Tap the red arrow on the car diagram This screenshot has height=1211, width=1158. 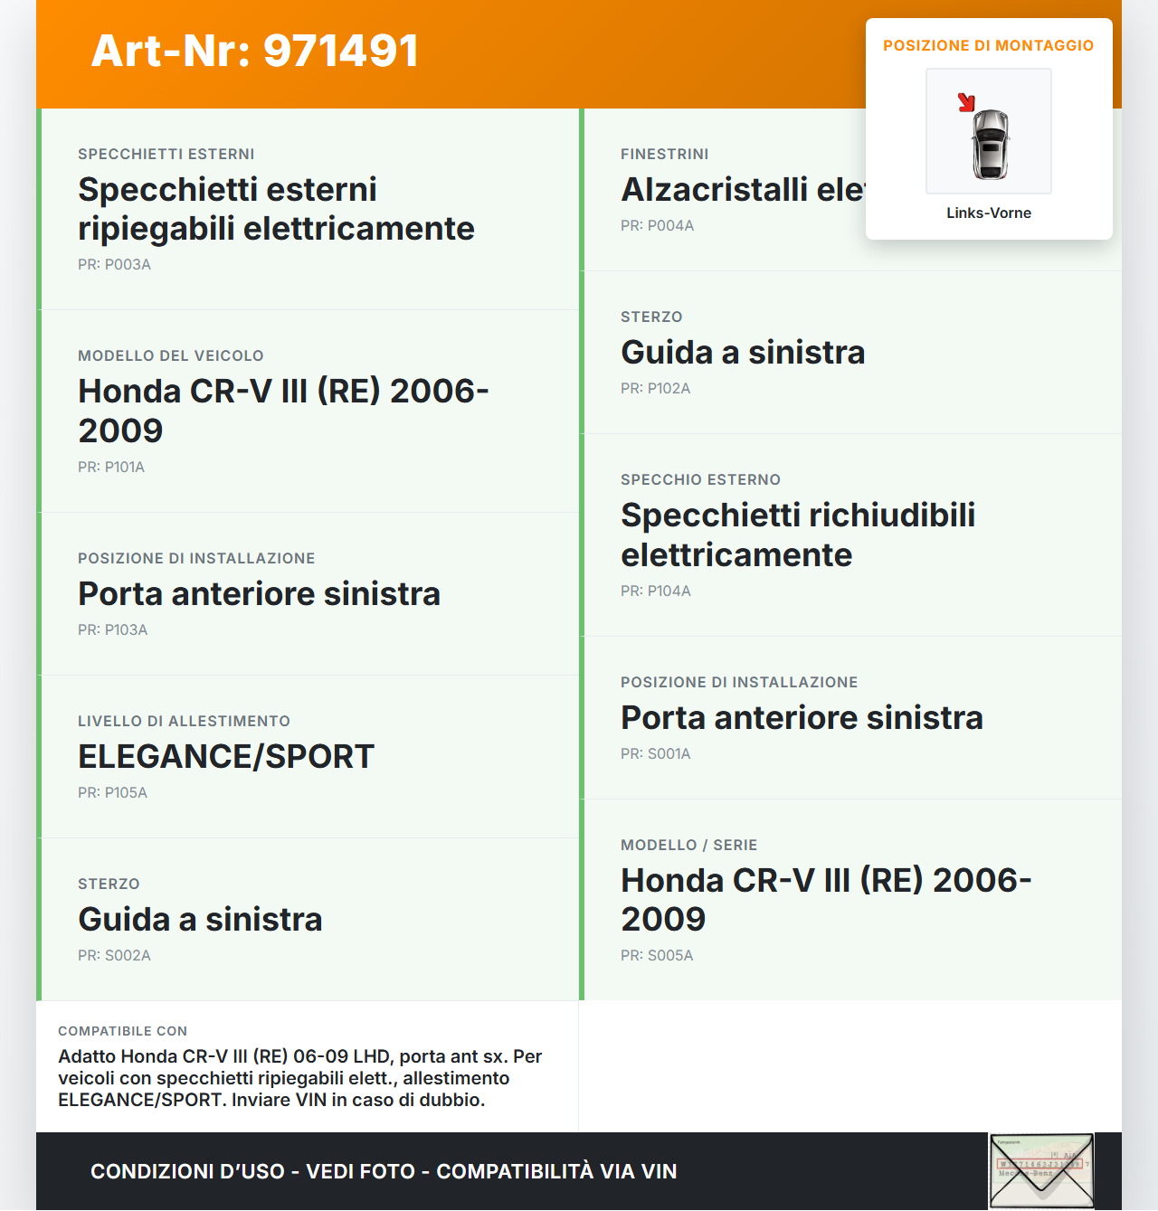[x=966, y=102]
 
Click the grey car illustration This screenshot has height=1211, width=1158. [x=990, y=144]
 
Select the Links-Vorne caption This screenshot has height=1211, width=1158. [x=989, y=213]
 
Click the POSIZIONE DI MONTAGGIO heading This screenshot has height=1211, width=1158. [x=988, y=45]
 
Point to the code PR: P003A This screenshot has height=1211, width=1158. [x=114, y=265]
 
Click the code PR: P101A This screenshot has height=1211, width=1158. [x=111, y=468]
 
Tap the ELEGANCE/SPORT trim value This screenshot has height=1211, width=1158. [x=226, y=757]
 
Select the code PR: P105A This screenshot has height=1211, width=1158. [x=112, y=793]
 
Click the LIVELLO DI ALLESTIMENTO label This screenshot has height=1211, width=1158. [x=184, y=722]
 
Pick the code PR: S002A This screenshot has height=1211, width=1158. [x=114, y=956]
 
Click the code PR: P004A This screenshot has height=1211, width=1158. [x=657, y=226]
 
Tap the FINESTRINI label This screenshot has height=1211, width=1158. [x=664, y=155]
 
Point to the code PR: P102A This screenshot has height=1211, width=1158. [x=655, y=389]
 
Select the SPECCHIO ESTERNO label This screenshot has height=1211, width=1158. [x=700, y=480]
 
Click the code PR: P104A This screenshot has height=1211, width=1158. [x=655, y=591]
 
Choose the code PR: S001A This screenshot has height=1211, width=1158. [x=655, y=754]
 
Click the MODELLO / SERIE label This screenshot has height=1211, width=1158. [x=688, y=846]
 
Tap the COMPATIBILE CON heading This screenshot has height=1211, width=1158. [x=122, y=1031]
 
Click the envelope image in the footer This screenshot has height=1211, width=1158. [x=1041, y=1171]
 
